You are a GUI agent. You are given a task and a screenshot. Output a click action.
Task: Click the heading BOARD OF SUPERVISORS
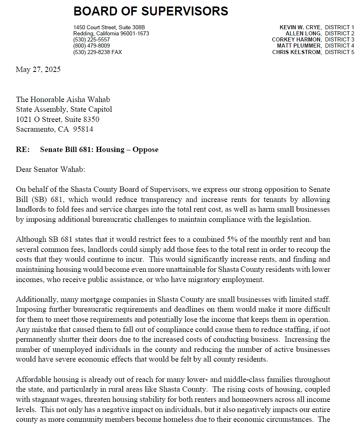tap(151, 11)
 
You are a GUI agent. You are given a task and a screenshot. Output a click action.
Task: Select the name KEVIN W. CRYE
tap(300, 27)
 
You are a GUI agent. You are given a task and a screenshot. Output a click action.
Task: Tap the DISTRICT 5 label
tap(339, 52)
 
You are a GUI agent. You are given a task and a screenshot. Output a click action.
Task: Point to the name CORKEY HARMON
tap(297, 40)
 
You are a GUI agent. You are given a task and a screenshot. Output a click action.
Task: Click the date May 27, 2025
tap(38, 69)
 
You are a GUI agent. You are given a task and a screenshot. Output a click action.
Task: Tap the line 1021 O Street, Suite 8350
tap(57, 119)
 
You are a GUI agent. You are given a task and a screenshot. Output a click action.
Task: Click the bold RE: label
tap(23, 150)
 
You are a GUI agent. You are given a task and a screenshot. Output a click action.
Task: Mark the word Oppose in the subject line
tap(145, 150)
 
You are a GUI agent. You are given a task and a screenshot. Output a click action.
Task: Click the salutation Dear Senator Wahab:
tap(50, 169)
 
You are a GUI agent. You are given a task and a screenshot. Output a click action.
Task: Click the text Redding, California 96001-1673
tap(111, 33)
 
